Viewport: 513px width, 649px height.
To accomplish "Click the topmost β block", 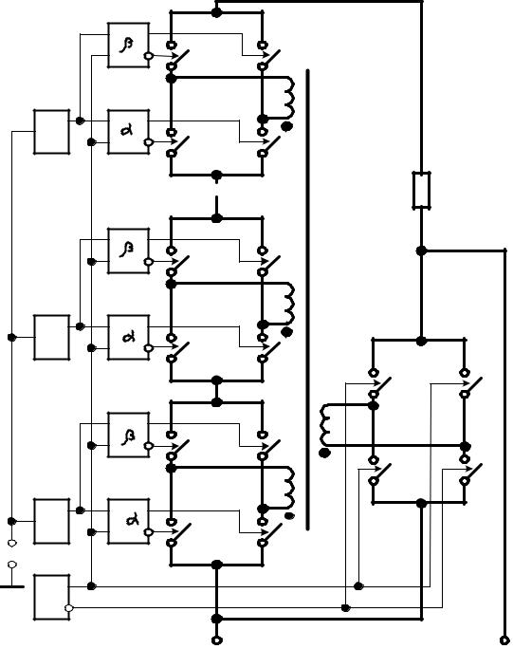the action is point(128,46).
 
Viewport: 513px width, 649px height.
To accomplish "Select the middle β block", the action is point(128,250).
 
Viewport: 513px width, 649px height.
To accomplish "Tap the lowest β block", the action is point(128,435).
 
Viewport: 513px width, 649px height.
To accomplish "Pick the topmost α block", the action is point(128,132).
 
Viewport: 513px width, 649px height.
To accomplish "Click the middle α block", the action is point(128,338).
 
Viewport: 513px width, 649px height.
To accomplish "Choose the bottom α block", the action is point(128,521).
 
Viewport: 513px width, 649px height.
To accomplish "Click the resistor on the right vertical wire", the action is point(422,190).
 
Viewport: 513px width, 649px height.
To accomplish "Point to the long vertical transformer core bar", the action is point(308,299).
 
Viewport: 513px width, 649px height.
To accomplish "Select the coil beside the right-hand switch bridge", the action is point(324,425).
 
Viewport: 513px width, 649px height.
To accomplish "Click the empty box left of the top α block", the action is point(52,132).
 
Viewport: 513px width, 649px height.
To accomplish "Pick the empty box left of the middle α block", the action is point(52,338).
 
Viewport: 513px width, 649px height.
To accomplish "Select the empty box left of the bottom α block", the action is point(52,521).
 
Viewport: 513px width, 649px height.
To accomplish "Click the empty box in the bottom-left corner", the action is point(52,597).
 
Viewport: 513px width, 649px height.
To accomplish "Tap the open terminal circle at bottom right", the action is point(504,640).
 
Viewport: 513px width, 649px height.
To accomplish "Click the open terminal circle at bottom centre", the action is point(216,640).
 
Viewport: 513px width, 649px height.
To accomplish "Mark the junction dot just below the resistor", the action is point(421,250).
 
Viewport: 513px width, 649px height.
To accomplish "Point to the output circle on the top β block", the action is point(148,56).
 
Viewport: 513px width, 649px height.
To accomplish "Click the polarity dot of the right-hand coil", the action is point(324,453).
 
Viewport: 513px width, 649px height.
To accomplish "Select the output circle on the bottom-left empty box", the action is point(69,607).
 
